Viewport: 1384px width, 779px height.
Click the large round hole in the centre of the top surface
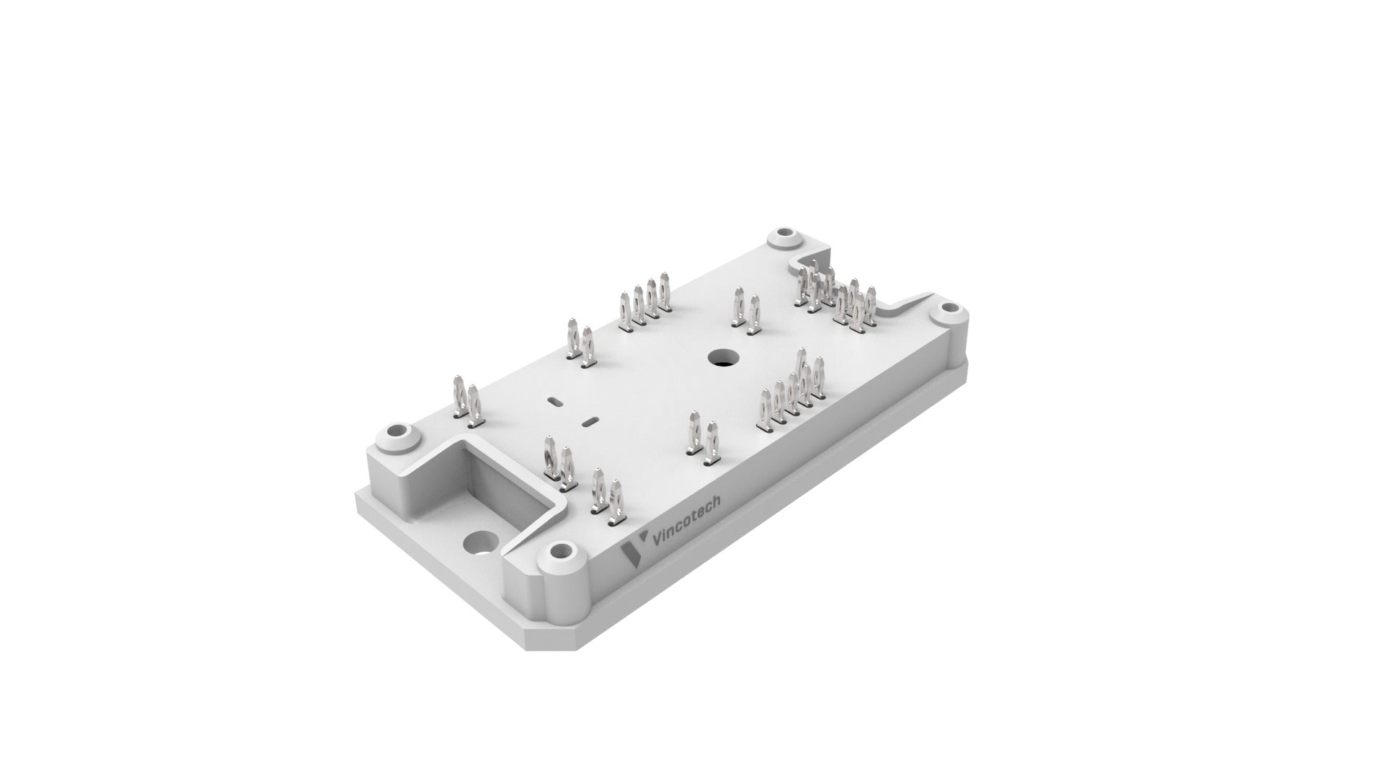click(x=720, y=356)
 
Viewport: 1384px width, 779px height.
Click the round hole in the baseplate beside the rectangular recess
click(x=479, y=543)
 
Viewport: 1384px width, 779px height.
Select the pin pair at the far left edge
click(x=466, y=400)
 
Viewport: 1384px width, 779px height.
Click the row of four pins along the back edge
click(x=644, y=306)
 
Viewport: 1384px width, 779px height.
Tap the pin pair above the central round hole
click(x=746, y=312)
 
